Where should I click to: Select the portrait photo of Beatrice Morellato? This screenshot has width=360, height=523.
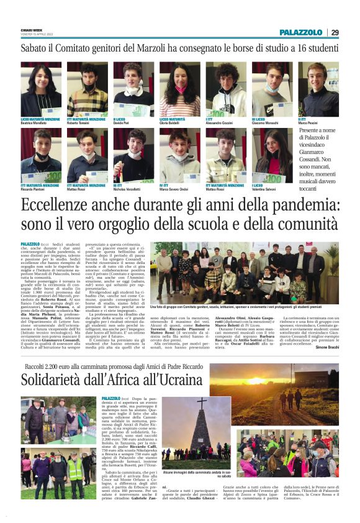(41, 89)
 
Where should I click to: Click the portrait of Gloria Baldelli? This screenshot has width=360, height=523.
(180, 89)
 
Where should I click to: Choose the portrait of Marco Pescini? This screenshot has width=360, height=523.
(318, 89)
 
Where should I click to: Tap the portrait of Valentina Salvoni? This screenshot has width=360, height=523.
(272, 155)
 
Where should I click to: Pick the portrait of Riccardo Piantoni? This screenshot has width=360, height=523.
(41, 155)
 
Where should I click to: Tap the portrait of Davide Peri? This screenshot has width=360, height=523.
(133, 89)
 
